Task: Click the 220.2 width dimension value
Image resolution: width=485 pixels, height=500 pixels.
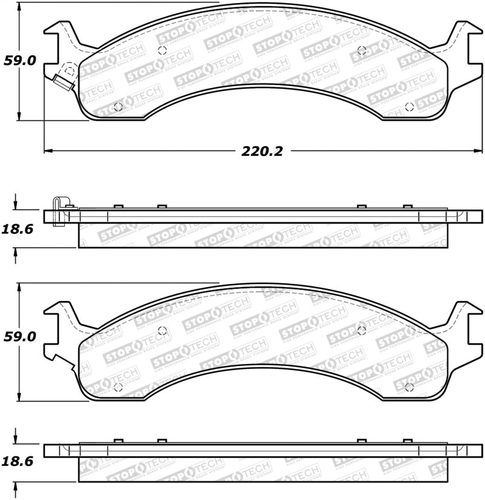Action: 263,151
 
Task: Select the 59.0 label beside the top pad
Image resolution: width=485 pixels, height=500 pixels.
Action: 21,61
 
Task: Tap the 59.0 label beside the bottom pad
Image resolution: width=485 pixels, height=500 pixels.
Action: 21,338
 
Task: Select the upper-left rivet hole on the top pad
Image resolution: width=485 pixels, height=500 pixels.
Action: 162,52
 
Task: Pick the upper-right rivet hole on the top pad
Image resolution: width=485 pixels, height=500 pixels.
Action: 362,51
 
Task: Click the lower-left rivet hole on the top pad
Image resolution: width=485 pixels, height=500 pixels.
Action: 118,106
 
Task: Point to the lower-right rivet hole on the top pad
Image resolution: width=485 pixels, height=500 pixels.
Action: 409,106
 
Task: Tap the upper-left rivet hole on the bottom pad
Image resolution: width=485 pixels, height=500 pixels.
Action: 162,331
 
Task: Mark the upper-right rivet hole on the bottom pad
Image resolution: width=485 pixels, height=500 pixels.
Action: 362,330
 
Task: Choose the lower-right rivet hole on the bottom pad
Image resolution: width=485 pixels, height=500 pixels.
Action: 409,386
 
